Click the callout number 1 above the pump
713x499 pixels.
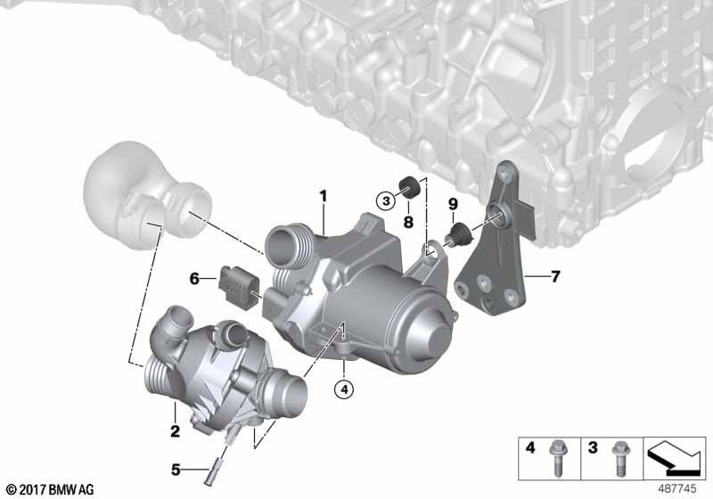(324, 196)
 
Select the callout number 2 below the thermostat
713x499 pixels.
(175, 430)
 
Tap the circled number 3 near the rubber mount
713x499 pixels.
(386, 200)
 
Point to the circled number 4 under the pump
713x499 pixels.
(344, 389)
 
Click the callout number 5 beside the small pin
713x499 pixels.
(176, 470)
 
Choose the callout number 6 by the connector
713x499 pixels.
(194, 278)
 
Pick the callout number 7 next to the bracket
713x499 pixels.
(555, 276)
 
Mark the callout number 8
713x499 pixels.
(408, 222)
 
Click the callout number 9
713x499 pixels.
(453, 204)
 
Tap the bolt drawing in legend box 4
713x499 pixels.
(558, 459)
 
